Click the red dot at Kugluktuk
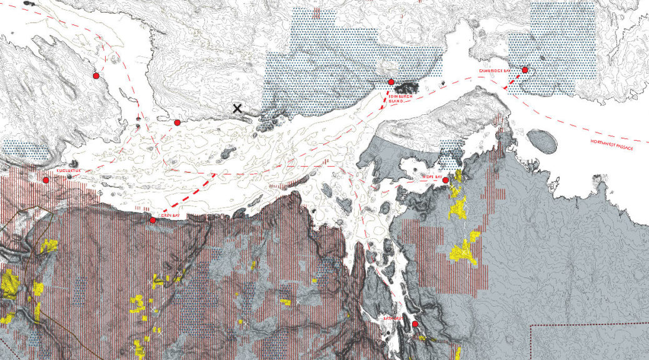coord(46,180)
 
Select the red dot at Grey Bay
coord(153,220)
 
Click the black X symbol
coord(238,109)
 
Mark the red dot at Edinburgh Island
coord(391,82)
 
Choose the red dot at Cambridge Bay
coord(525,70)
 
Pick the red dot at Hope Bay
coord(446,181)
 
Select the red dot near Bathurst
coord(415,324)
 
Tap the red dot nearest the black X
coord(177,122)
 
